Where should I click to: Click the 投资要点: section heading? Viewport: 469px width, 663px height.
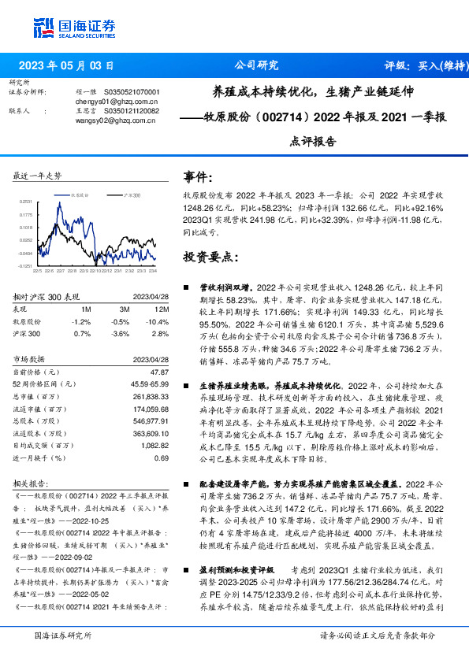pyautogui.click(x=210, y=257)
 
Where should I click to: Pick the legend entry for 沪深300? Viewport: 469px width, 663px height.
pyautogui.click(x=130, y=194)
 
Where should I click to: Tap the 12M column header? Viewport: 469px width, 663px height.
pyautogui.click(x=161, y=309)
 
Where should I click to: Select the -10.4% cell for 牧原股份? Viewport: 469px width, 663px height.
pyautogui.click(x=159, y=322)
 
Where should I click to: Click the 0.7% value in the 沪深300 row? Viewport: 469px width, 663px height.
pyautogui.click(x=82, y=335)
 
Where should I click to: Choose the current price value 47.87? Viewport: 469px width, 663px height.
pyautogui.click(x=159, y=371)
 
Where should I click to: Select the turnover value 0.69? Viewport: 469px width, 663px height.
pyautogui.click(x=162, y=458)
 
